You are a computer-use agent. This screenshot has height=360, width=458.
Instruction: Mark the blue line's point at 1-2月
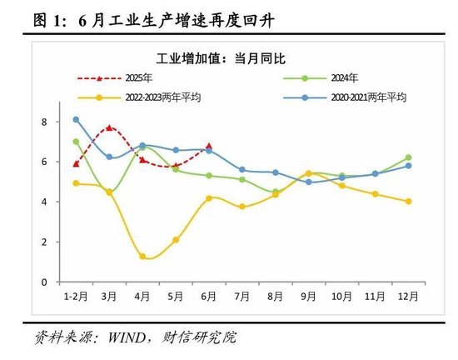pos(76,119)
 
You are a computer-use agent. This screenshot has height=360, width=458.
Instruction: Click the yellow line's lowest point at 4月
pos(143,257)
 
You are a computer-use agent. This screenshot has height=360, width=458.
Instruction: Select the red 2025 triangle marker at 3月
pos(109,127)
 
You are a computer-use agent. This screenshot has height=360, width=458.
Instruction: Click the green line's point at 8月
pos(275,192)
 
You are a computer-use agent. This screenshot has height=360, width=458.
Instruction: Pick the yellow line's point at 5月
pos(176,240)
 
